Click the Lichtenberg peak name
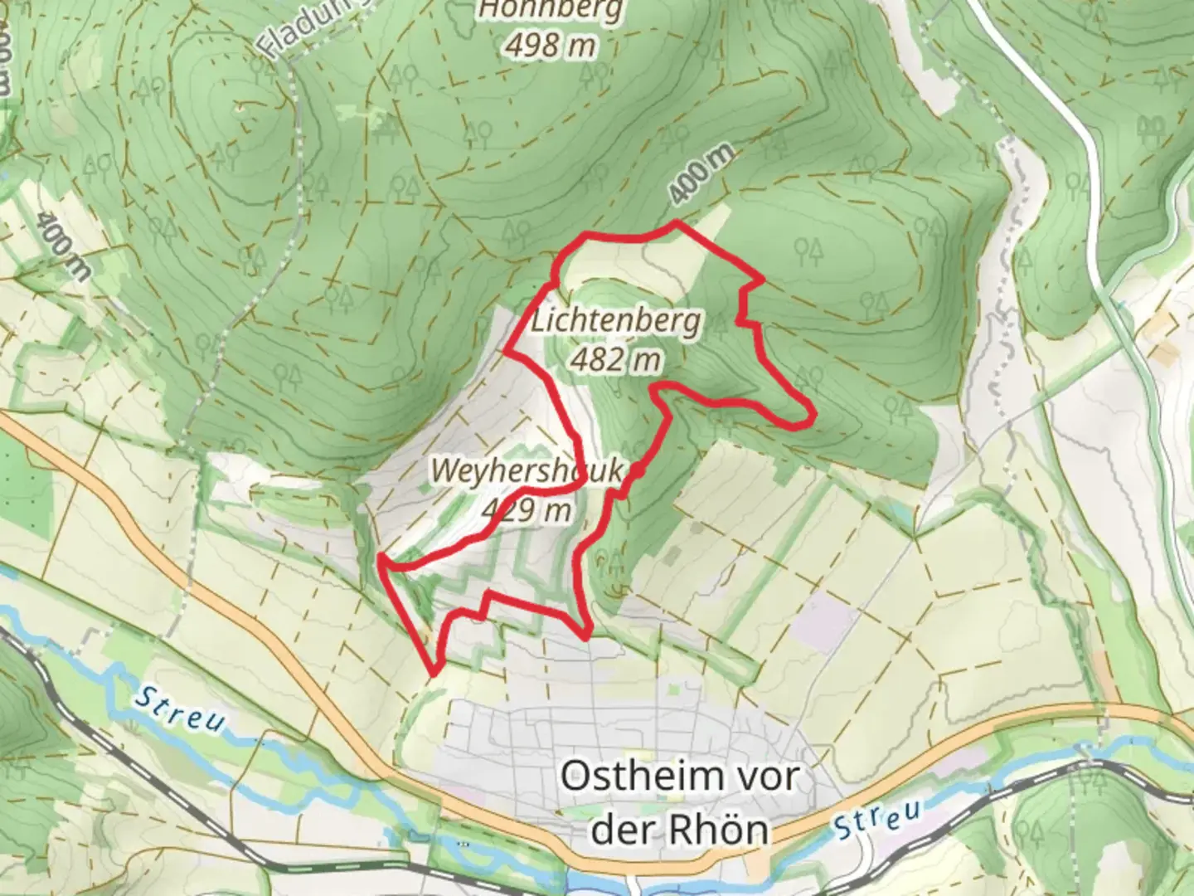[x=615, y=320]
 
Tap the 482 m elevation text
[x=615, y=359]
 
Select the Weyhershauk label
[x=526, y=470]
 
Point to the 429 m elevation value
[x=527, y=509]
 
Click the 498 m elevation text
[x=551, y=45]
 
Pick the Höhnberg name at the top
[x=551, y=10]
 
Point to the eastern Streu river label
[x=878, y=817]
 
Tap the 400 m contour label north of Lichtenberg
[x=701, y=175]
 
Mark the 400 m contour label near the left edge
[x=63, y=246]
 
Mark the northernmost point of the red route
[x=677, y=222]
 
